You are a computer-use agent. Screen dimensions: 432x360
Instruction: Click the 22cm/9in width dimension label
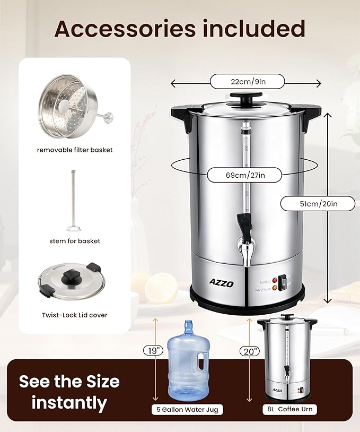247,82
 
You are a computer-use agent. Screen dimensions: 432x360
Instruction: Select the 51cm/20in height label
317,203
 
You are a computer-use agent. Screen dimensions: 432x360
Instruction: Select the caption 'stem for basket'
74,241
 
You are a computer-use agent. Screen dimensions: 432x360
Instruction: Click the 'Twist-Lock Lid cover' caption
75,315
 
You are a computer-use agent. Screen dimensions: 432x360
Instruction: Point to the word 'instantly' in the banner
69,402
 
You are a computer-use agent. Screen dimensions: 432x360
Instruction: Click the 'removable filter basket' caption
75,150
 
